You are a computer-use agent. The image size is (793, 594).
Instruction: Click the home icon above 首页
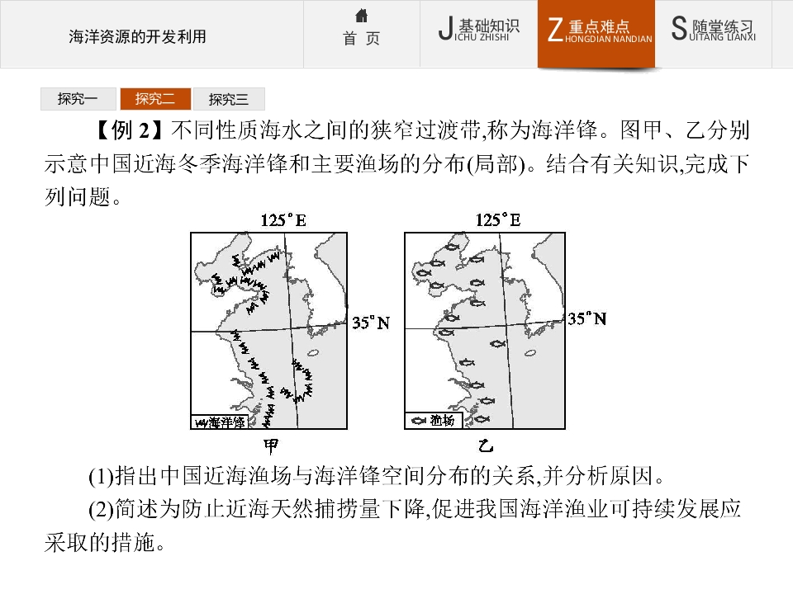pyautogui.click(x=361, y=16)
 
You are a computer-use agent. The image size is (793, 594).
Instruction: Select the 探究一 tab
pyautogui.click(x=78, y=99)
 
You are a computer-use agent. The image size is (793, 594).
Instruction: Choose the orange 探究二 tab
pyautogui.click(x=156, y=99)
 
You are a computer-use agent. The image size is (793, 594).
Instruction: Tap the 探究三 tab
pyautogui.click(x=229, y=99)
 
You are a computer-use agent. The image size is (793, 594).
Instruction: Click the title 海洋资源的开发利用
pyautogui.click(x=138, y=37)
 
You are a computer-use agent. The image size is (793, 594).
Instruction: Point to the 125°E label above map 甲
pyautogui.click(x=283, y=220)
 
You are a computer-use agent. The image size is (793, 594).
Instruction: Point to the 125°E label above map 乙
pyautogui.click(x=498, y=220)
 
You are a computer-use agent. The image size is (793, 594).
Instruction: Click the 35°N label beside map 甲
pyautogui.click(x=371, y=323)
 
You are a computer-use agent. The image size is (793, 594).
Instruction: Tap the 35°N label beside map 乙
pyautogui.click(x=586, y=318)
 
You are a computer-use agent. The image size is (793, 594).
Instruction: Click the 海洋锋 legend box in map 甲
pyautogui.click(x=218, y=422)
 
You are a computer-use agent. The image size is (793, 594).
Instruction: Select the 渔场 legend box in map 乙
pyautogui.click(x=434, y=420)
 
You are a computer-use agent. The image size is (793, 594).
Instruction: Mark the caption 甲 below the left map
pyautogui.click(x=271, y=446)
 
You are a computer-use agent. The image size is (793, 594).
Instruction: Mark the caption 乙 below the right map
pyautogui.click(x=486, y=446)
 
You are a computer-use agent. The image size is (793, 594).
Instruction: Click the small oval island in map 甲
pyautogui.click(x=313, y=353)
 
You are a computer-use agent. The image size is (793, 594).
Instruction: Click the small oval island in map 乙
pyautogui.click(x=530, y=353)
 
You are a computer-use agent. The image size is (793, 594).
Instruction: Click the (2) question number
pyautogui.click(x=101, y=510)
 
